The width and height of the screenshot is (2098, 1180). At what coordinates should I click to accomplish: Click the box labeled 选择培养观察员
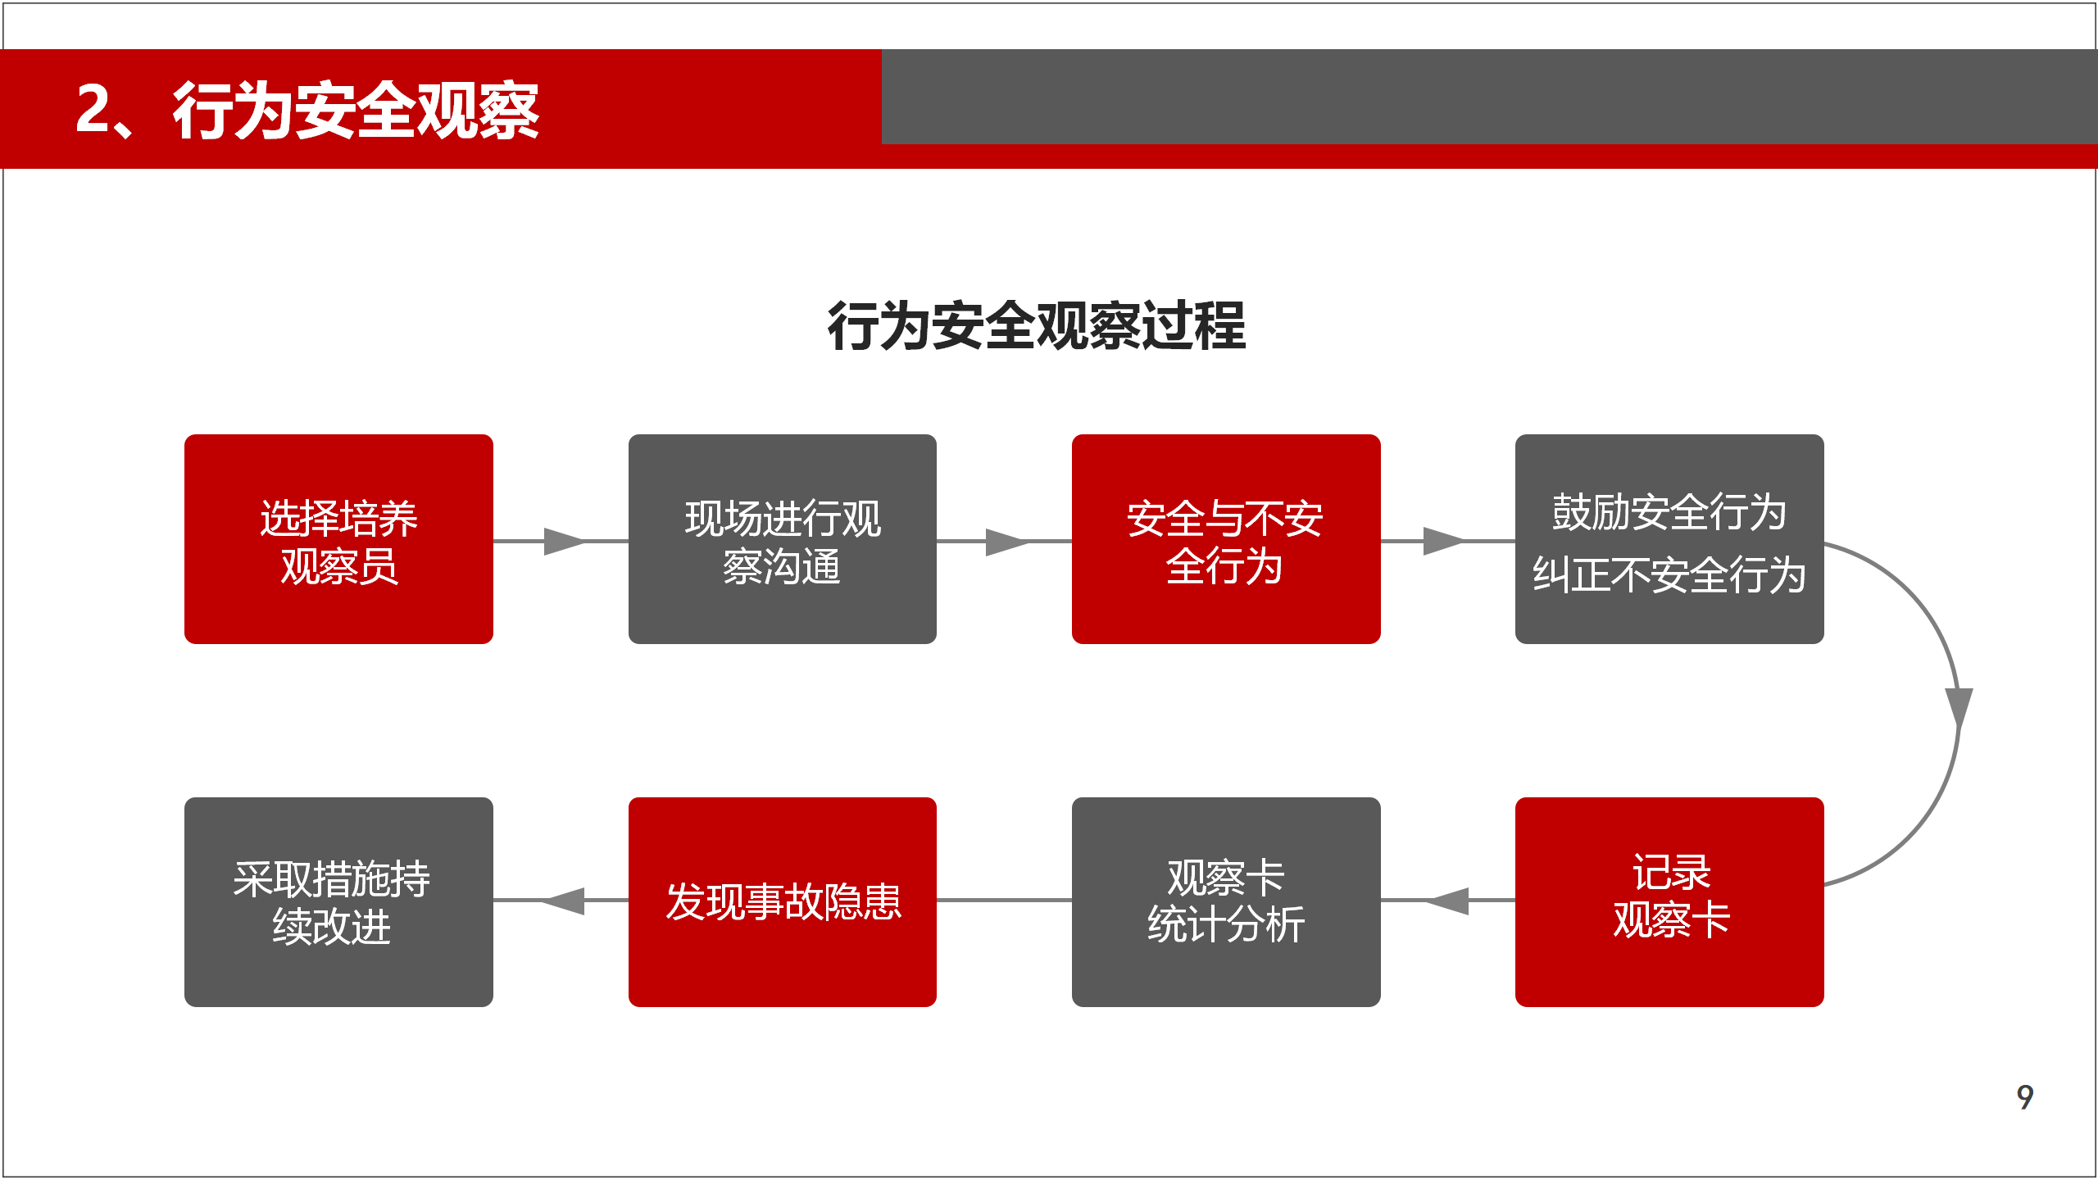pyautogui.click(x=338, y=539)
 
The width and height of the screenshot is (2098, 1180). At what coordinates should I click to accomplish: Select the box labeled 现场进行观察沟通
pyautogui.click(x=783, y=539)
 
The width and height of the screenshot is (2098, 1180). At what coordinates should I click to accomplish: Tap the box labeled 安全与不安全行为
pyautogui.click(x=1226, y=539)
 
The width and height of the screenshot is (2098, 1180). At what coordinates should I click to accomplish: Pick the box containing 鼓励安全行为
pyautogui.click(x=1669, y=539)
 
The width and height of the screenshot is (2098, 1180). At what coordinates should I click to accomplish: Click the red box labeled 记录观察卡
pyautogui.click(x=1669, y=902)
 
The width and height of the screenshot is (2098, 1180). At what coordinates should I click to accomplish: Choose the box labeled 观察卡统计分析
pyautogui.click(x=1226, y=902)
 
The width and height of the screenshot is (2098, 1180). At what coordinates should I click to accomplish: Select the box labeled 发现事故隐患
pyautogui.click(x=783, y=902)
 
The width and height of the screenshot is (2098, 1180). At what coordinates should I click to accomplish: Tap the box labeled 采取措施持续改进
pyautogui.click(x=338, y=902)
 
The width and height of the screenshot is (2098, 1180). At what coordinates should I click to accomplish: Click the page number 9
pyautogui.click(x=2025, y=1096)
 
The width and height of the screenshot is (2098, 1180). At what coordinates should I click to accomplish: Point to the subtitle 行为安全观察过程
pyautogui.click(x=1037, y=326)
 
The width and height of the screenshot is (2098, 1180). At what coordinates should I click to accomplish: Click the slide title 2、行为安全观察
pyautogui.click(x=307, y=110)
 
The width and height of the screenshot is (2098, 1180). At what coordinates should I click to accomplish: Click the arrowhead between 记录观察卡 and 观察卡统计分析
pyautogui.click(x=1447, y=901)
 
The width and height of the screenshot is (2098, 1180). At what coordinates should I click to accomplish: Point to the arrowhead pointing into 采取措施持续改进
pyautogui.click(x=563, y=901)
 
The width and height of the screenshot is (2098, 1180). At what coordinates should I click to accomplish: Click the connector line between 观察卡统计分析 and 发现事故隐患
pyautogui.click(x=1005, y=901)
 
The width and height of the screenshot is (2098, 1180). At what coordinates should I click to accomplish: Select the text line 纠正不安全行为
pyautogui.click(x=1669, y=574)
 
